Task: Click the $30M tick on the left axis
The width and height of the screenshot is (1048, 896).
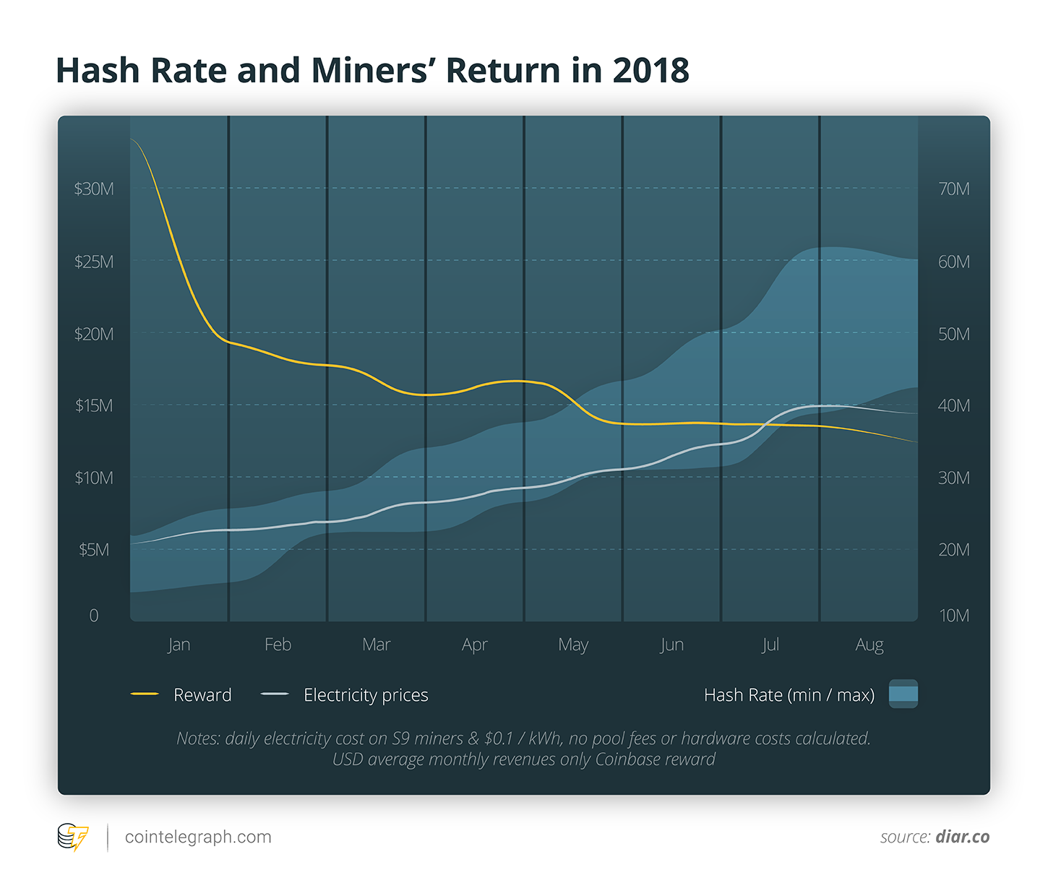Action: [94, 189]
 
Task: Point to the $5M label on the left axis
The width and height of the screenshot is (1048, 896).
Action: [94, 550]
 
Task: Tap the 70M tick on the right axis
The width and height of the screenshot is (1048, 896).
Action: [953, 189]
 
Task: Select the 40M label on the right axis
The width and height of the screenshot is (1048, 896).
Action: [953, 405]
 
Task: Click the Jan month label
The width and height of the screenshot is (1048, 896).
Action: [179, 645]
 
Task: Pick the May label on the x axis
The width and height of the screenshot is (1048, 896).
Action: [573, 645]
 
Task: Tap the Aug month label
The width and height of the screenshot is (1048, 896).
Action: [869, 645]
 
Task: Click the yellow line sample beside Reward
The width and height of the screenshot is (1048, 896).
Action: [145, 694]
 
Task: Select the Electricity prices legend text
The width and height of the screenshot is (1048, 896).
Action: [366, 695]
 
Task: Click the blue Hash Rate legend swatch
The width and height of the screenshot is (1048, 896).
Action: [903, 694]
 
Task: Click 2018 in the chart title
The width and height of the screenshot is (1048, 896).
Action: [650, 71]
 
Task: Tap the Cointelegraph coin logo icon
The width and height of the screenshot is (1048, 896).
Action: [72, 837]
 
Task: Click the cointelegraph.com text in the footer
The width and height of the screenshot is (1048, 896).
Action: [198, 837]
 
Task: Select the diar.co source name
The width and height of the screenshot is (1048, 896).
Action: [962, 837]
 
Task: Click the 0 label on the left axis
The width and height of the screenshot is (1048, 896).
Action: [94, 616]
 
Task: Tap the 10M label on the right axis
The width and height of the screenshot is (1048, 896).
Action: [953, 616]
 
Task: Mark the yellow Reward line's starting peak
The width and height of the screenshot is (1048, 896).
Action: [132, 139]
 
